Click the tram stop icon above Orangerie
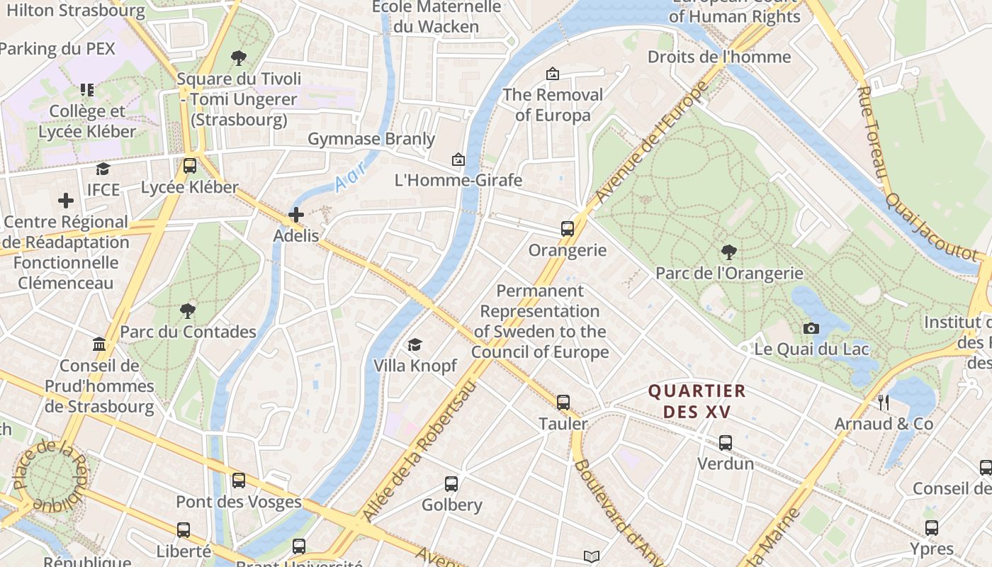click(567, 228)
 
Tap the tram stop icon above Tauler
click(563, 403)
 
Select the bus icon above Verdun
click(725, 442)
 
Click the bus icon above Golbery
click(451, 484)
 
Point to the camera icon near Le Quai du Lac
click(811, 328)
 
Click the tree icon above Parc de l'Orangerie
click(728, 252)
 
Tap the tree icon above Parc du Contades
click(188, 310)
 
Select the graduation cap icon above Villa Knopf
click(415, 344)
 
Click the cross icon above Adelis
click(296, 214)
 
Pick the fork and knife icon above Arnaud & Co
click(883, 403)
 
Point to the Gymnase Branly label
click(371, 139)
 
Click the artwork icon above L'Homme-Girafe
click(458, 159)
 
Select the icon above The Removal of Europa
click(552, 74)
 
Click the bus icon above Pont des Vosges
click(239, 481)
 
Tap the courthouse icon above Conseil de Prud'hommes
click(99, 344)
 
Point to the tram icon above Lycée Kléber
click(189, 166)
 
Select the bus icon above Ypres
click(931, 528)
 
